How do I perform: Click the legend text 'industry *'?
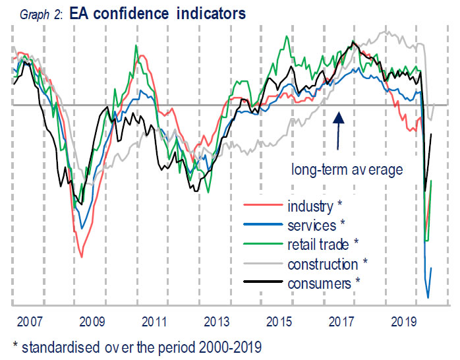(x=313, y=207)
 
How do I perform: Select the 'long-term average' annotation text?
(x=347, y=170)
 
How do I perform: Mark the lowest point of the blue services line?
(x=429, y=297)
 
